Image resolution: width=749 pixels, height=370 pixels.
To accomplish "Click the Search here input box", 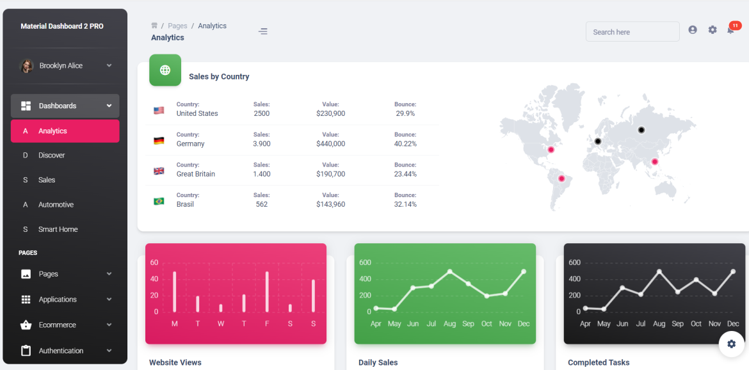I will [632, 32].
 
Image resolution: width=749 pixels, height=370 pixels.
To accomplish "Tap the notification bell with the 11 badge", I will [730, 29].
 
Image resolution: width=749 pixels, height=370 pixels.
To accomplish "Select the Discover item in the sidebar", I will [51, 156].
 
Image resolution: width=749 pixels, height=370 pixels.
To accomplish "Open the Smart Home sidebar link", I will [58, 229].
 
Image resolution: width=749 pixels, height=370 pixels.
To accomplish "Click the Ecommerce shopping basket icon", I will [26, 325].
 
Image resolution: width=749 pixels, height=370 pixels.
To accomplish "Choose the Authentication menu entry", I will [61, 351].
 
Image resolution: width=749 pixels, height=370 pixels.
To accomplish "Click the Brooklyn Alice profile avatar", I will [27, 66].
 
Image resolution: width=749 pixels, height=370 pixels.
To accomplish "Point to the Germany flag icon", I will [159, 141].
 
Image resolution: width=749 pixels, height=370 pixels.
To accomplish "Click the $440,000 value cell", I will [330, 144].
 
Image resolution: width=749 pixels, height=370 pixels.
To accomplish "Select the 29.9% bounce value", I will [405, 113].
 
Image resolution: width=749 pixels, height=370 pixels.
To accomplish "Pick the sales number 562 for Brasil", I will [261, 204].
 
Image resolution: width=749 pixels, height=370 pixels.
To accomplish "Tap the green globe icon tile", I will [165, 70].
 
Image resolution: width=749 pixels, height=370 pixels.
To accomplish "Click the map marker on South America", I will [561, 179].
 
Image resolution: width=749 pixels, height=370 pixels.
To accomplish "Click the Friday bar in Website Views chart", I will [267, 292].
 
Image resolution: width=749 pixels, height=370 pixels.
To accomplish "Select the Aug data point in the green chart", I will [450, 271].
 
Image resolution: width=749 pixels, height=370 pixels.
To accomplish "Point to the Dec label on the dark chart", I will [733, 324].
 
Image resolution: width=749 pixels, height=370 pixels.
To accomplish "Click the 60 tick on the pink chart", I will [154, 262].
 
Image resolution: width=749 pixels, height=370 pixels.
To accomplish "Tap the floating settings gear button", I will [731, 344].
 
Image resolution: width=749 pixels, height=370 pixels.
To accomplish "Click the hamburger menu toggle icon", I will [263, 31].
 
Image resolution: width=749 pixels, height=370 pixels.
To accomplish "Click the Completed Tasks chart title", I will [599, 362].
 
